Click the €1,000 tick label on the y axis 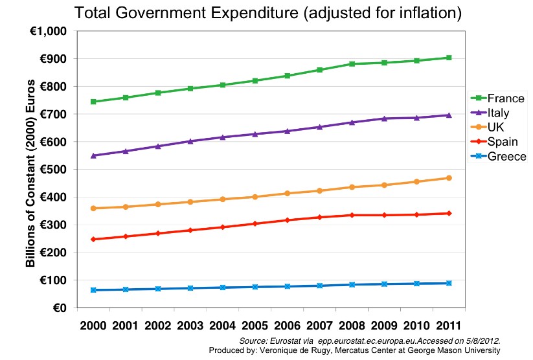[x=49, y=31]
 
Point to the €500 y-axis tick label [x=54, y=170]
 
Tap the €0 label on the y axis [x=61, y=308]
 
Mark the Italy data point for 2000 [x=94, y=155]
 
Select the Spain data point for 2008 [x=352, y=215]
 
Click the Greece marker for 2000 [x=94, y=290]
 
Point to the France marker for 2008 [x=352, y=64]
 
